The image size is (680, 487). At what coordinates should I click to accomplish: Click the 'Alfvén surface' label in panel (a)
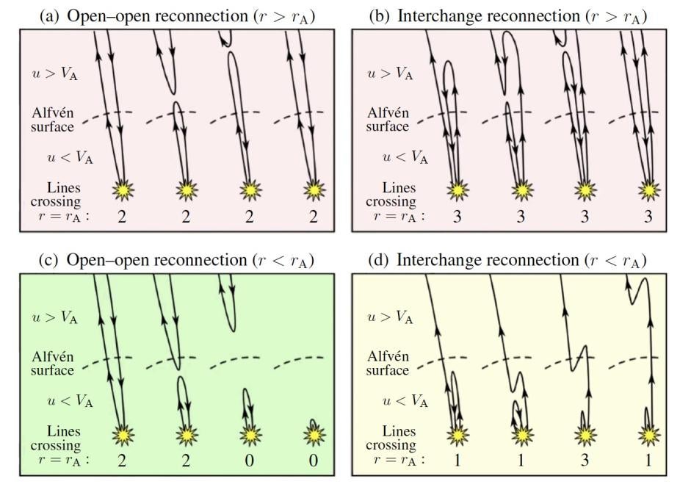(52, 120)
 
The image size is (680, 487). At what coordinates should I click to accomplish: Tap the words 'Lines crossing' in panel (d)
(391, 439)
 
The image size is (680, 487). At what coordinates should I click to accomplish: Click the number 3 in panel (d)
(584, 461)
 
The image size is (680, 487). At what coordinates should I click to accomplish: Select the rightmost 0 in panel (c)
(314, 461)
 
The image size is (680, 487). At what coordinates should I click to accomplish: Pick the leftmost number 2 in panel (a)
(123, 216)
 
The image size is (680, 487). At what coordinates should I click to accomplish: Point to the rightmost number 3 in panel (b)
(648, 216)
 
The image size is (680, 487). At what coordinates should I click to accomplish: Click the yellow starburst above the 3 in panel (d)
(585, 435)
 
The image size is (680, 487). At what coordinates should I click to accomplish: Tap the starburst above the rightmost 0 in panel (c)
(314, 435)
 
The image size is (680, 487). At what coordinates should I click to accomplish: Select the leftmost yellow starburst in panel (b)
(457, 190)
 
